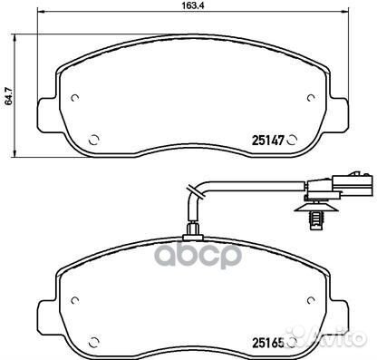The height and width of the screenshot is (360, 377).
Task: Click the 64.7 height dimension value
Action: pos(8,96)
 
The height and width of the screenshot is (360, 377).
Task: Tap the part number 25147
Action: pos(268,141)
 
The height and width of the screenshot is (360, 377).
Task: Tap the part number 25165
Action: pos(268,343)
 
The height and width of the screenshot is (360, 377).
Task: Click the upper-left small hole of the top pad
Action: pos(74,98)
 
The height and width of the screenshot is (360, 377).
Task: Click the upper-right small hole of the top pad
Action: pos(311,98)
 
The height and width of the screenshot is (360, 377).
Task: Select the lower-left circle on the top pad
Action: pos(94,140)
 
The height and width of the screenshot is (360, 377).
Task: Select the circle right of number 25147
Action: pos(292,140)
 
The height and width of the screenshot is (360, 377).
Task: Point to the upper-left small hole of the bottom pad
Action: pos(74,300)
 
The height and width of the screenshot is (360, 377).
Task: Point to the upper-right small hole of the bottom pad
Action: pos(311,300)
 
